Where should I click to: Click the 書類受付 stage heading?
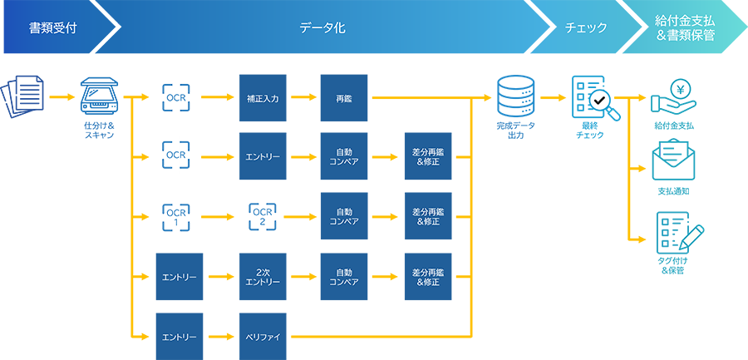point(52,28)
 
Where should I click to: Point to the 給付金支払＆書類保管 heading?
point(685,28)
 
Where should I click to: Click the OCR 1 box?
point(175,218)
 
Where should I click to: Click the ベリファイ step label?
point(263,338)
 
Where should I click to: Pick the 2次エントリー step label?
point(263,277)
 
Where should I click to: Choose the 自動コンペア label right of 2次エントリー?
point(343,277)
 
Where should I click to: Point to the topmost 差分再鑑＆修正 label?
point(426,157)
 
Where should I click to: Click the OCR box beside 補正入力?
point(175,97)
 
